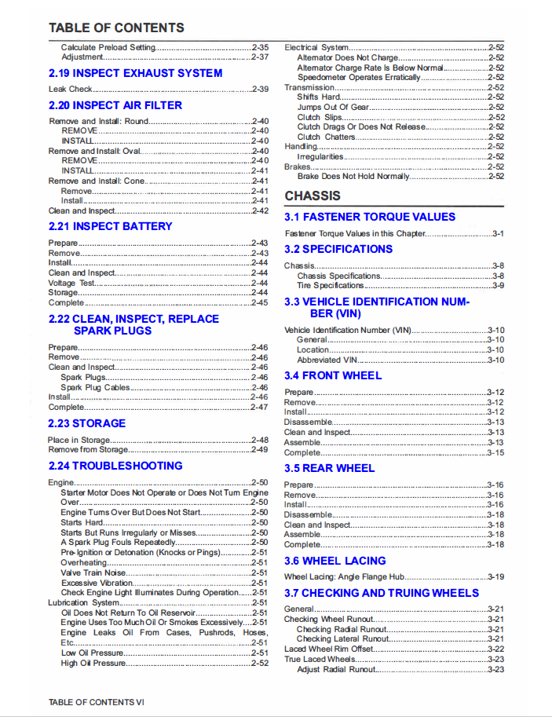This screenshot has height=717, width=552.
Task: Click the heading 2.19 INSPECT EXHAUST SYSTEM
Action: (x=135, y=73)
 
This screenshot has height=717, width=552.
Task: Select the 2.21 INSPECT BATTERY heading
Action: (x=110, y=226)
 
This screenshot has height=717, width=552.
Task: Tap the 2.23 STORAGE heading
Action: (x=86, y=423)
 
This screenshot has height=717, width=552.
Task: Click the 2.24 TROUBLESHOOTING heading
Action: (x=115, y=466)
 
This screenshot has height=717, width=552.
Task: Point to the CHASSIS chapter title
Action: (x=312, y=196)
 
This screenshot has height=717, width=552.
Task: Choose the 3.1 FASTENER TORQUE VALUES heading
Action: (x=369, y=217)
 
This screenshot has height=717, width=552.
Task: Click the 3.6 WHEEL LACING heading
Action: (x=334, y=561)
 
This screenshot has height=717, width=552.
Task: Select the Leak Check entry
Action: (x=70, y=90)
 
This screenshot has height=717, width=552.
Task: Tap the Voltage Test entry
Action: (x=71, y=283)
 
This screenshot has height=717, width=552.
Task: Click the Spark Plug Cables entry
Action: (x=95, y=387)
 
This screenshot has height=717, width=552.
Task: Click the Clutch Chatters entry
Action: (x=326, y=137)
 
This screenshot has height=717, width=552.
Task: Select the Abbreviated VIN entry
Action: (x=327, y=360)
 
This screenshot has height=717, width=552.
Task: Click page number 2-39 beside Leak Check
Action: (x=259, y=90)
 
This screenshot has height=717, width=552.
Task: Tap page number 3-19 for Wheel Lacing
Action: (x=495, y=576)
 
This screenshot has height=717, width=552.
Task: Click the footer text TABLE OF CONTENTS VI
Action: (x=96, y=701)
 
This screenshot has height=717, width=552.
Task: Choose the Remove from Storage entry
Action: (x=87, y=450)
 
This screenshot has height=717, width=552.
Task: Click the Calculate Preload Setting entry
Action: (x=108, y=47)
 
